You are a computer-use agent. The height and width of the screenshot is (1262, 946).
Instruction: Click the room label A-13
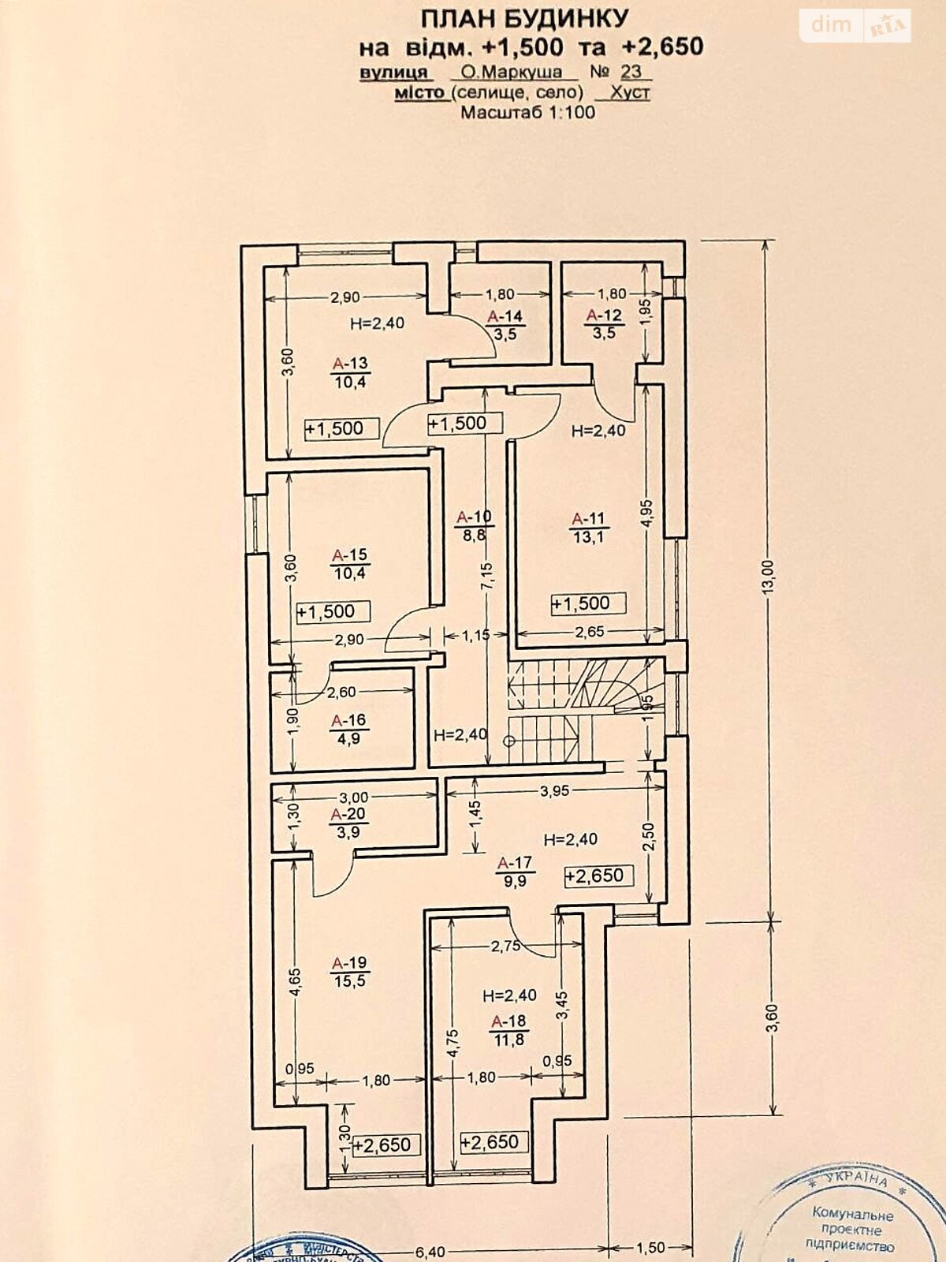pos(350,364)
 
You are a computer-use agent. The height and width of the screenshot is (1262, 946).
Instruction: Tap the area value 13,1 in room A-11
pos(589,537)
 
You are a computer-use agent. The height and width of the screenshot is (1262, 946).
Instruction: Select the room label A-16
pos(348,720)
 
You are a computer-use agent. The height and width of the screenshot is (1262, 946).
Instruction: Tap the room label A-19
pos(349,963)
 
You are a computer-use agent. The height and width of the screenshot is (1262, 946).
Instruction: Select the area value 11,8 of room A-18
pos(508,1040)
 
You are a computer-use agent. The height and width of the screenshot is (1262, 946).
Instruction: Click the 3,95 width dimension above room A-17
pos(554,791)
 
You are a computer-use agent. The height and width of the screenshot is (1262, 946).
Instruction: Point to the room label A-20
pos(348,814)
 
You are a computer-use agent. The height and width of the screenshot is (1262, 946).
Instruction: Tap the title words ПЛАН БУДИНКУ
pos(524,18)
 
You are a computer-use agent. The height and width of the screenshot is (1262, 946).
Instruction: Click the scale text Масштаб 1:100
pos(527,112)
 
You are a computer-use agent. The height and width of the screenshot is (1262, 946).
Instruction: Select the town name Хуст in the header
pos(630,92)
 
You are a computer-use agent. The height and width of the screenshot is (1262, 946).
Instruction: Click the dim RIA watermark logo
pos(856,26)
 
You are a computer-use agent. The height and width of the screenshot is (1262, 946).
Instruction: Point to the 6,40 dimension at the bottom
pos(430,1252)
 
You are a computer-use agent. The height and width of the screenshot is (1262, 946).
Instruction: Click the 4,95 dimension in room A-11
pos(646,513)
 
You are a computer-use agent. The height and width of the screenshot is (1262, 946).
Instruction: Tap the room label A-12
pos(605,315)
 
